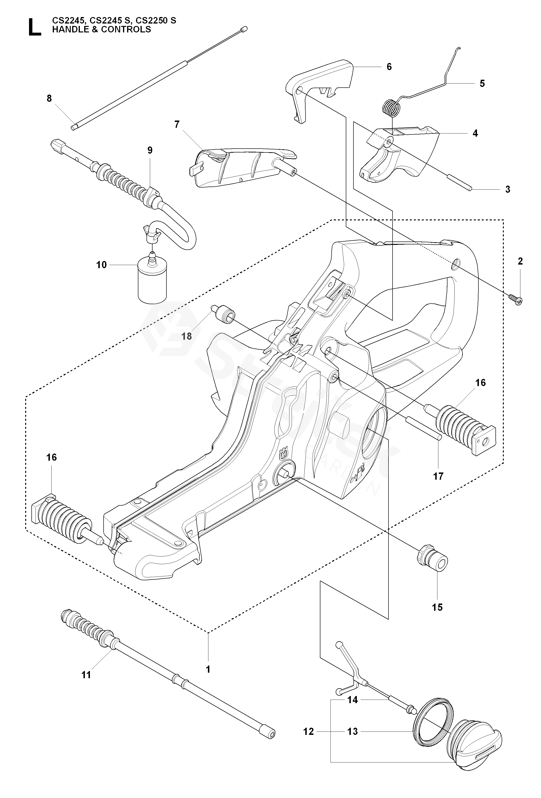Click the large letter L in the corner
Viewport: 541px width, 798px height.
pyautogui.click(x=34, y=27)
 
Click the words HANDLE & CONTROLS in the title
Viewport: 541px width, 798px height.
pyautogui.click(x=101, y=30)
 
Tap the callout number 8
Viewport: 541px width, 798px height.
pyautogui.click(x=49, y=98)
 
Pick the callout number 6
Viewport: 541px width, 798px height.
pyautogui.click(x=389, y=66)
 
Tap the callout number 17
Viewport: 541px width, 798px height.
pyautogui.click(x=438, y=476)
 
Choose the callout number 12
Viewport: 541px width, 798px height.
pyautogui.click(x=308, y=732)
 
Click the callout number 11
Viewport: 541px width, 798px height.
pyautogui.click(x=86, y=675)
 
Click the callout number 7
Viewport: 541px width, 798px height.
pyautogui.click(x=177, y=124)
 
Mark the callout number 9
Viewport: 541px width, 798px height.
pyautogui.click(x=150, y=150)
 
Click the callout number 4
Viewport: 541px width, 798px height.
pyautogui.click(x=475, y=133)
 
